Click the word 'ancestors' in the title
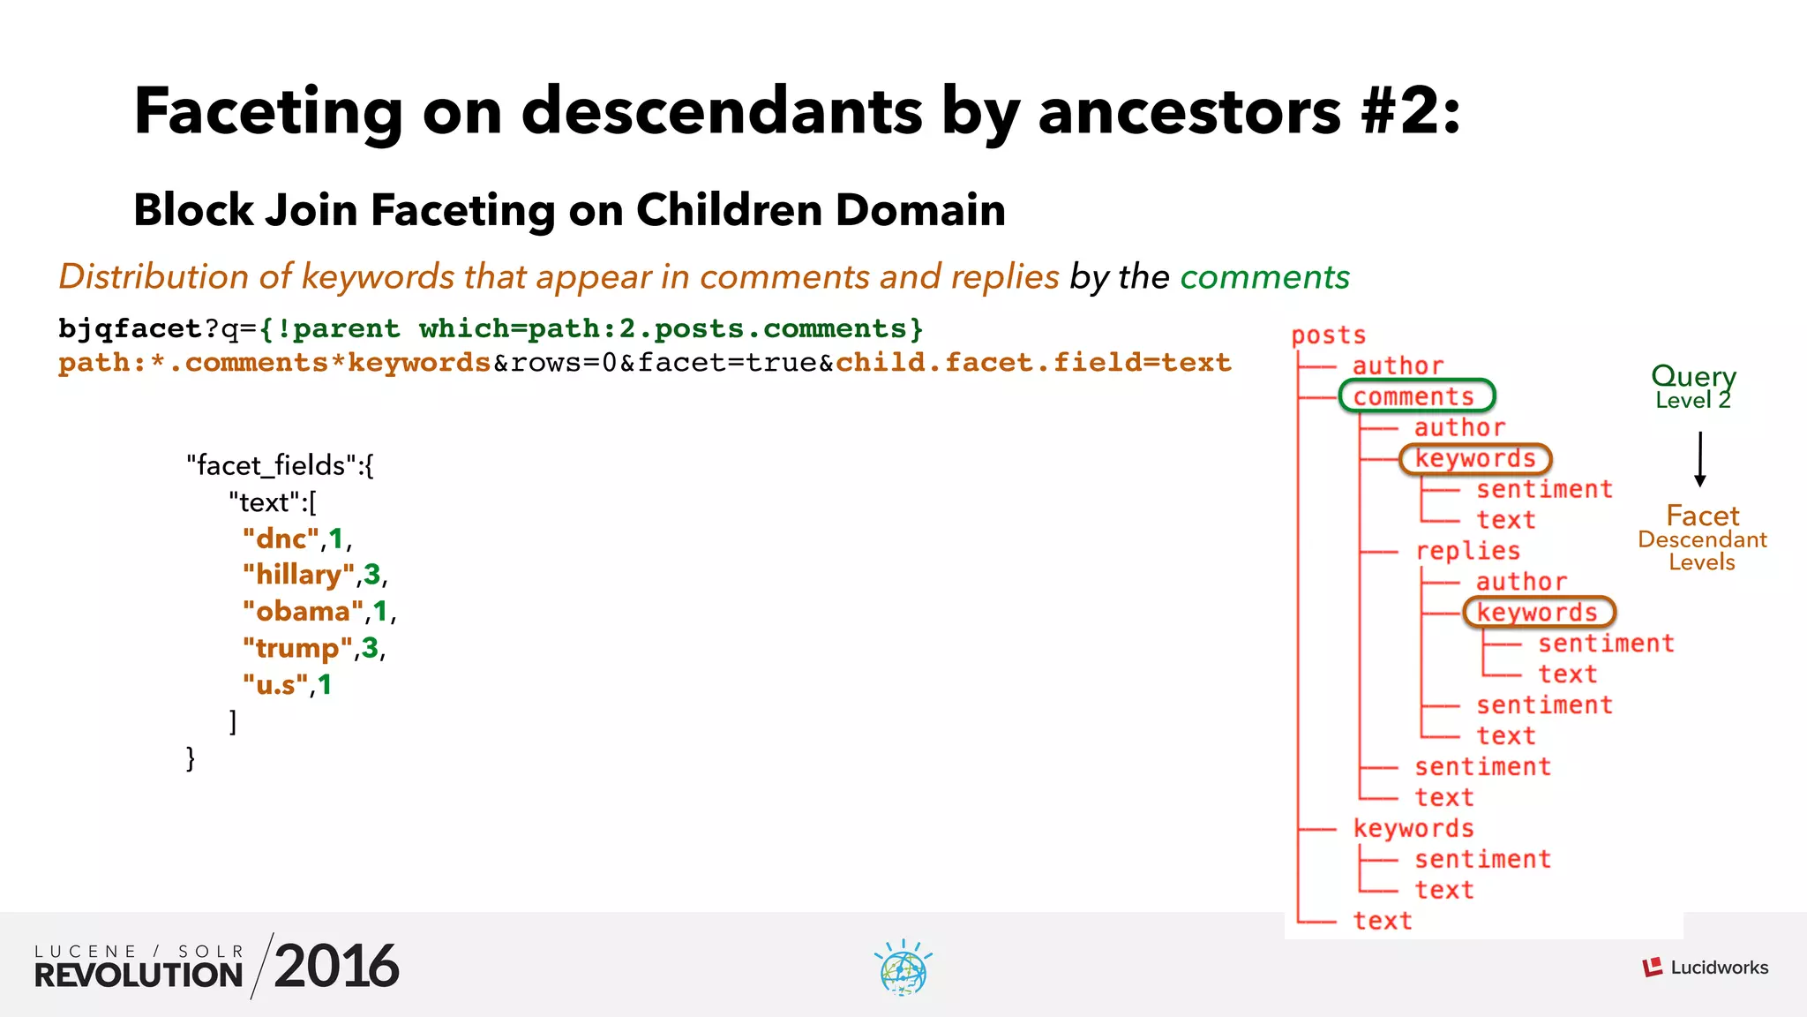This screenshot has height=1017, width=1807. coord(1188,112)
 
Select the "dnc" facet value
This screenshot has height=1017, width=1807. coord(281,539)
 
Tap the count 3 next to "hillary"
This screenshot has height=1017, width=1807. coord(371,575)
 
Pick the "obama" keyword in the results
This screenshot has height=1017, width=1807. coord(303,612)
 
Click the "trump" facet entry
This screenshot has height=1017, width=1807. coord(297,648)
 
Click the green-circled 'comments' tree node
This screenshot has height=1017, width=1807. coord(1415,396)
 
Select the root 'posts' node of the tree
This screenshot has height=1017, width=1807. coord(1328,335)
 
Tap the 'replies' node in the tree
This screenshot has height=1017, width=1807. coord(1467,551)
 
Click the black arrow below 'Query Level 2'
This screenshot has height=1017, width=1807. coord(1699,459)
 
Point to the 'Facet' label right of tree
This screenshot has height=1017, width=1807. coord(1702,516)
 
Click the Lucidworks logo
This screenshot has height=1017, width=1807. coord(1705,968)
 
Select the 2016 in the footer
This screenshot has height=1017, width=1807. coord(336,967)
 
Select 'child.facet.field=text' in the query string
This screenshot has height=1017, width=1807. coord(1033,363)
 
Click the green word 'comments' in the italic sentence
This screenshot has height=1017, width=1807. coord(1264,277)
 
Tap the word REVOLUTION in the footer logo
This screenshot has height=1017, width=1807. coord(139,976)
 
